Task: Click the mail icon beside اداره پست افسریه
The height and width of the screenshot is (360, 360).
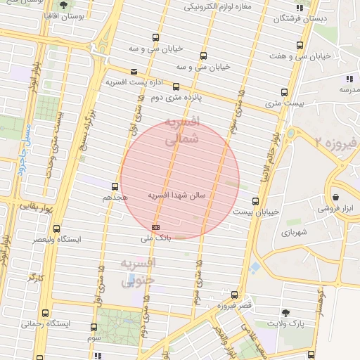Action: (134, 71)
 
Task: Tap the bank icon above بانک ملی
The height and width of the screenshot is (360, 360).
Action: (155, 227)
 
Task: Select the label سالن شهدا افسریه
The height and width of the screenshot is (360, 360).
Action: (176, 195)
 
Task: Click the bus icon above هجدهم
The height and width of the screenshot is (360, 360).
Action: (115, 186)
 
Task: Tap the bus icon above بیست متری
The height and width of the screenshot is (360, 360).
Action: (284, 91)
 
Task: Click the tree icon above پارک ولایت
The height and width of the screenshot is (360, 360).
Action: (285, 312)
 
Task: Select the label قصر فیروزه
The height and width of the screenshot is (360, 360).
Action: (234, 305)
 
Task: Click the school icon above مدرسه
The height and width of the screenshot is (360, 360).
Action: (349, 78)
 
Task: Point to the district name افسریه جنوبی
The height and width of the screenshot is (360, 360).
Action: (138, 272)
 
